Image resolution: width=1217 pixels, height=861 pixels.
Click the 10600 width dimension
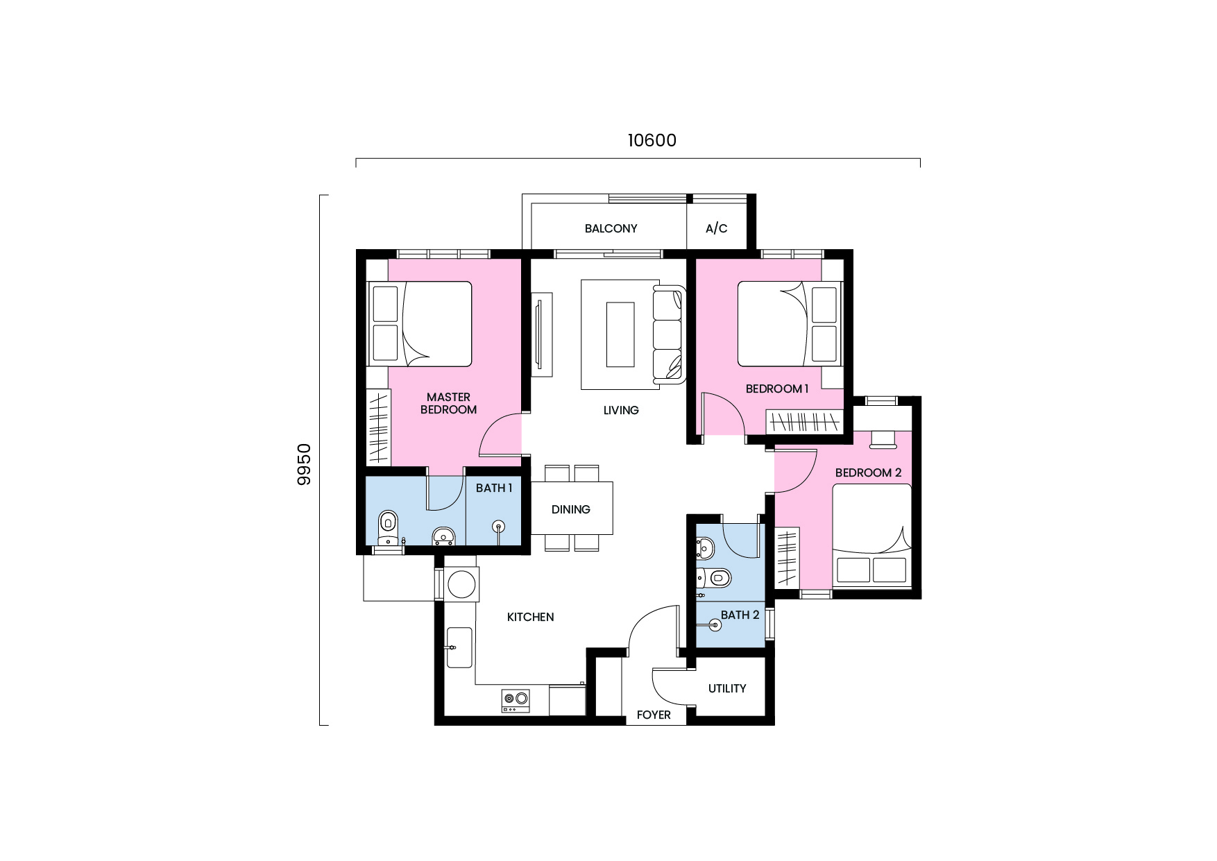[x=652, y=141]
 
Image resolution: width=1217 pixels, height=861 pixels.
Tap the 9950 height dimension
[x=304, y=464]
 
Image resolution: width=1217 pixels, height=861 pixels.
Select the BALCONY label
[x=611, y=228]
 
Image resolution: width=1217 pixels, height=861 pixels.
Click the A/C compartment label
[x=716, y=228]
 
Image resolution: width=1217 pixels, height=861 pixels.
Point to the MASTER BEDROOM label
[x=448, y=403]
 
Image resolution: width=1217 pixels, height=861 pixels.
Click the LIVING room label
[x=620, y=410]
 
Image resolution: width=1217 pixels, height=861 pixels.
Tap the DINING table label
[x=570, y=509]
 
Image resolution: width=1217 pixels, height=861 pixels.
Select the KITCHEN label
[x=530, y=617]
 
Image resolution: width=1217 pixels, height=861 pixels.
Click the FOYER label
[x=653, y=715]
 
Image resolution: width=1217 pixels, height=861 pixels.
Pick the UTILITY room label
[x=726, y=688]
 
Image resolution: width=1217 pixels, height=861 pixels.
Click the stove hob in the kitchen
[x=515, y=700]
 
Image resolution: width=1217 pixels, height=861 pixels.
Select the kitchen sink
[x=459, y=647]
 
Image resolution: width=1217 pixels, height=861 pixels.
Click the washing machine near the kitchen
[x=461, y=584]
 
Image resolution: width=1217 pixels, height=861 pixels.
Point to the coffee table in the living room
[x=620, y=334]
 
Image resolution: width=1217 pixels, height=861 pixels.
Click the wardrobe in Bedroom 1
[x=804, y=421]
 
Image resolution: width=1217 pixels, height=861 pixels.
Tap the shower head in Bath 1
[x=498, y=527]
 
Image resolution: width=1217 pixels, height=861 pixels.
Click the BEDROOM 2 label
[x=867, y=472]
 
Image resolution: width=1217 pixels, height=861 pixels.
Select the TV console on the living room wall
[x=541, y=335]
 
